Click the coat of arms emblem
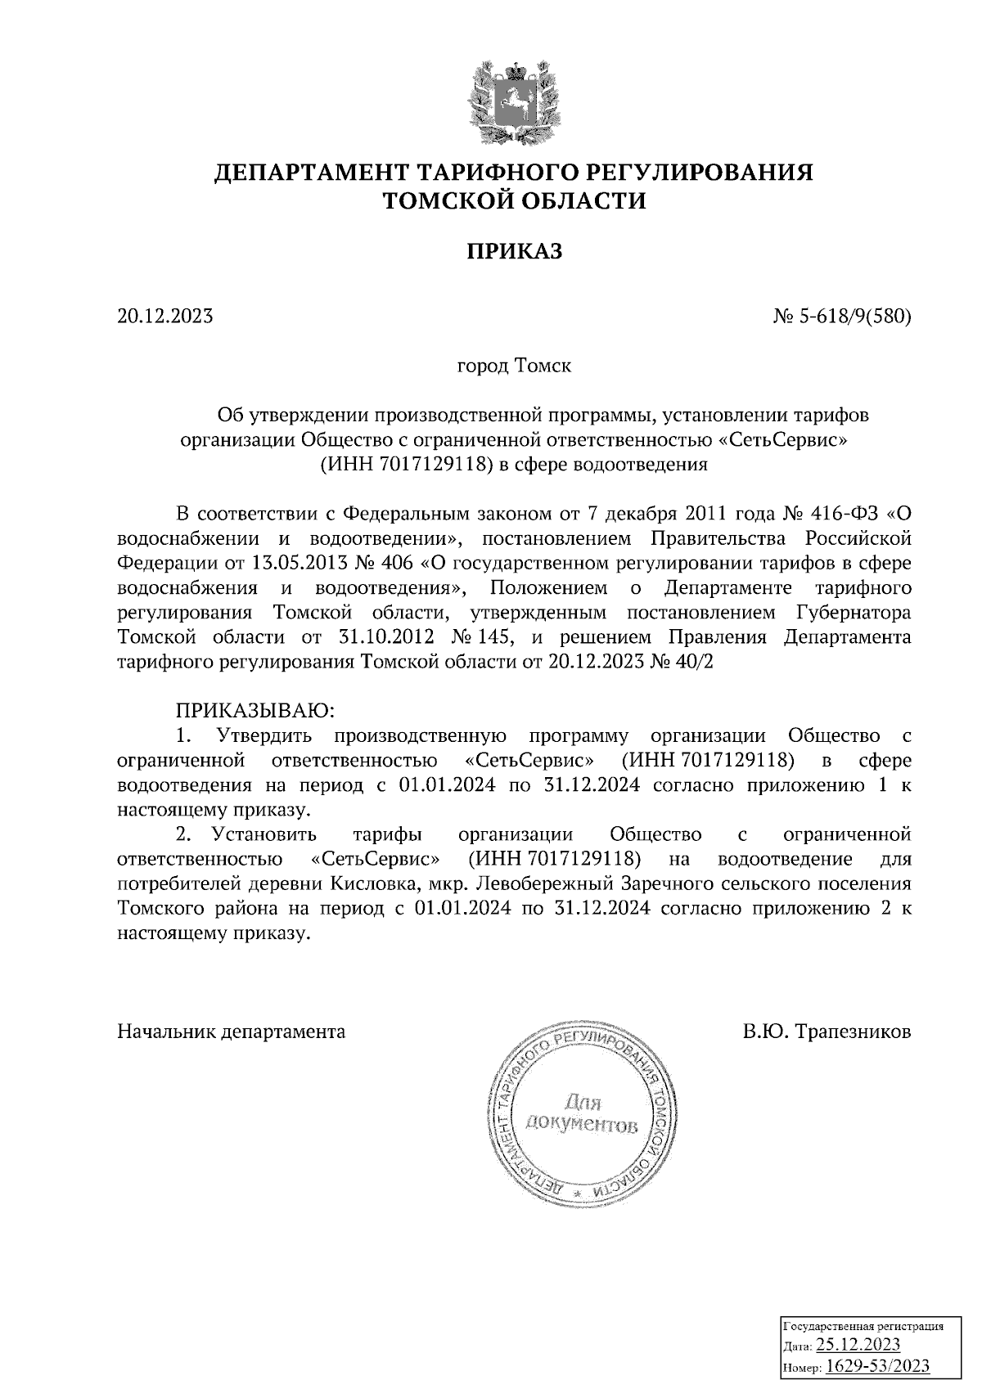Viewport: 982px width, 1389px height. (514, 101)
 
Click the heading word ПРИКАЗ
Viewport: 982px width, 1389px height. (515, 251)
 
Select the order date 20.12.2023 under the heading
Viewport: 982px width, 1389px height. (165, 315)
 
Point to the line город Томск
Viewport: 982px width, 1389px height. (514, 365)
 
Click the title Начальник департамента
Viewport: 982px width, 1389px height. (232, 1031)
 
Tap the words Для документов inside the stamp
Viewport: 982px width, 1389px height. (582, 1114)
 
